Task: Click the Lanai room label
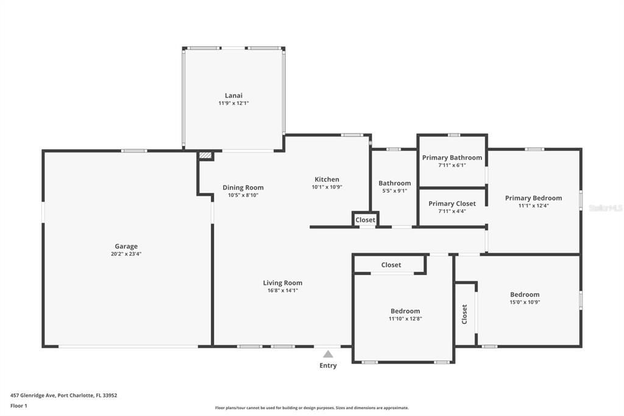tap(233, 95)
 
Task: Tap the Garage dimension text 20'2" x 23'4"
tap(126, 254)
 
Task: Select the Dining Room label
tap(243, 187)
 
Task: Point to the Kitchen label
tap(327, 179)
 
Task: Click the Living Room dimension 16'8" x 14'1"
tap(283, 290)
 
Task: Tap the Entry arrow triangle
tap(328, 354)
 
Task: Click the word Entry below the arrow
tap(328, 365)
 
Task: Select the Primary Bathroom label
tap(452, 158)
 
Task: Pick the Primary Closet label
tap(452, 204)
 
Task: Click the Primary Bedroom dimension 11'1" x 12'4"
tap(533, 206)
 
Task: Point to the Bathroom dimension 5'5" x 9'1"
tap(394, 191)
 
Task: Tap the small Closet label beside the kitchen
tap(366, 220)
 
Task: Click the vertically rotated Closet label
tap(464, 314)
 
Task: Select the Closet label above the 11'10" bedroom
tap(391, 265)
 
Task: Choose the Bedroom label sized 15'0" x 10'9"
tap(525, 295)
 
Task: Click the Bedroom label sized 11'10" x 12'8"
tap(405, 311)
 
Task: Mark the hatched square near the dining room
tap(205, 156)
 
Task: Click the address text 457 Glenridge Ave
tap(34, 396)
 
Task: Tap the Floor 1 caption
tap(19, 406)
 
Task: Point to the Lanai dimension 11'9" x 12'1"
tap(233, 103)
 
